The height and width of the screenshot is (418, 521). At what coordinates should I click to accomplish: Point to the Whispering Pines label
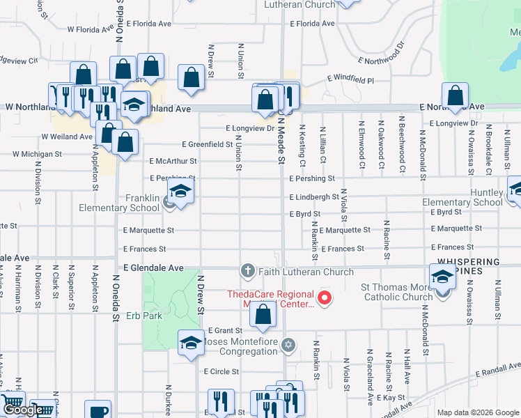(468, 266)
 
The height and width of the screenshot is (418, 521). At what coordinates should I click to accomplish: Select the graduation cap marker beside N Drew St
(190, 343)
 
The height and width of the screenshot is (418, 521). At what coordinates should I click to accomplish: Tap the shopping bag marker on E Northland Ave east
(455, 96)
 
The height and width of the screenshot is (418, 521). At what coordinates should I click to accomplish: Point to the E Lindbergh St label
(314, 197)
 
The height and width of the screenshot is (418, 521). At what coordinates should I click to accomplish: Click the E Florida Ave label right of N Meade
(312, 24)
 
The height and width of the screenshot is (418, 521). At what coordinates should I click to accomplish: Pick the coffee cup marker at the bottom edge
(98, 410)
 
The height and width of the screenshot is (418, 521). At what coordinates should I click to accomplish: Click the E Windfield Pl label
(350, 81)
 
